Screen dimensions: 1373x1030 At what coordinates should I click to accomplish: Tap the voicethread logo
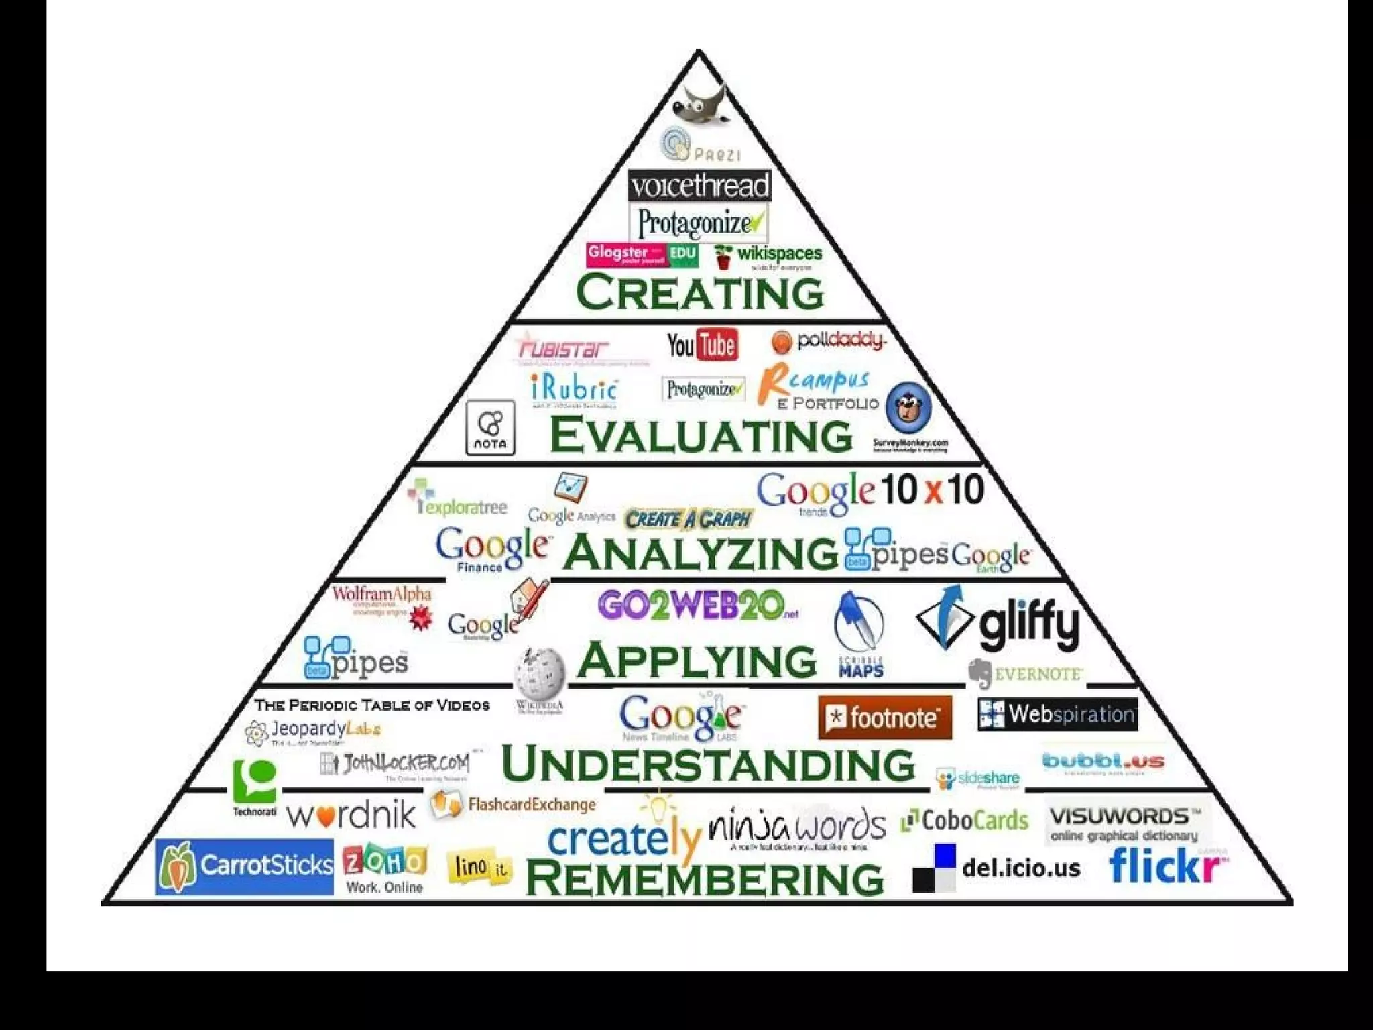click(x=699, y=186)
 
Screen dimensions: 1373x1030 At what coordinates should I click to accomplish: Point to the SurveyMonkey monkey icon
click(x=908, y=407)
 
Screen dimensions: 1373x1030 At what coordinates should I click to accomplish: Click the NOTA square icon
click(x=490, y=427)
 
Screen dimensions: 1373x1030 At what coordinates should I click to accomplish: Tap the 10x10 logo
click(x=932, y=490)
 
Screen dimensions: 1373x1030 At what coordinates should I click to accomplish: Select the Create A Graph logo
click(x=688, y=518)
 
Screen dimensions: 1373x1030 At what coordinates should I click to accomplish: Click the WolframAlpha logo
click(x=382, y=602)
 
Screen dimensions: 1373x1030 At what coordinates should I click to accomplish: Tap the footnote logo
click(x=885, y=718)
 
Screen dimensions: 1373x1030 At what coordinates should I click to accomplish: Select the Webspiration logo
click(x=1057, y=714)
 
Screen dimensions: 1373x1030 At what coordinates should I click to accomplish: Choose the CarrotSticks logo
click(x=245, y=866)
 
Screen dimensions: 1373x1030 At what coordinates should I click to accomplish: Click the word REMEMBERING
click(x=705, y=878)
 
